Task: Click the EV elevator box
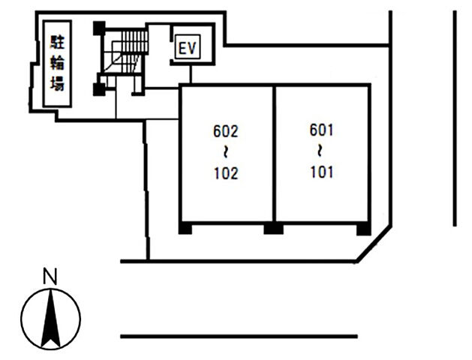[188, 47]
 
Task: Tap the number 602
[225, 131]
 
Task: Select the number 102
[226, 173]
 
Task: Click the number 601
[321, 130]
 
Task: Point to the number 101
[322, 172]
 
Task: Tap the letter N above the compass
[50, 276]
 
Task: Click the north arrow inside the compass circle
[50, 318]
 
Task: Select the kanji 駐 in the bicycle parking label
[57, 42]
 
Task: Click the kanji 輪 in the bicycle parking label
[57, 63]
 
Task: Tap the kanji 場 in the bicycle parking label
[57, 84]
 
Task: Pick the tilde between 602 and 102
[225, 153]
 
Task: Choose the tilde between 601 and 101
[320, 151]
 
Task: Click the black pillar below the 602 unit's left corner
[185, 228]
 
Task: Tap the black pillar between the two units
[273, 228]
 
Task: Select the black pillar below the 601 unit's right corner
[364, 229]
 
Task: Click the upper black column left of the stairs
[99, 28]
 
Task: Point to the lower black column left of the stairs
[99, 89]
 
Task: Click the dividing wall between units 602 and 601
[274, 154]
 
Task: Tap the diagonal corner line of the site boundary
[374, 244]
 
